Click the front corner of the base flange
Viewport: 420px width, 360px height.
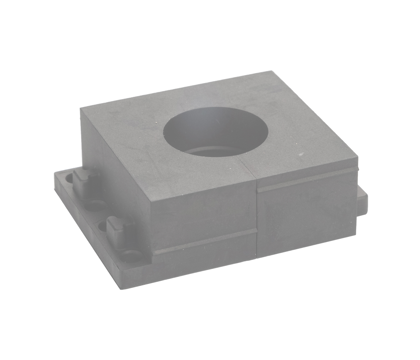(121, 288)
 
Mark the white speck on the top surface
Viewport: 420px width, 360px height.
(300, 154)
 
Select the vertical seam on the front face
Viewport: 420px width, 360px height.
(257, 221)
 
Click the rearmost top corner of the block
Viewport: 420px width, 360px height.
(271, 71)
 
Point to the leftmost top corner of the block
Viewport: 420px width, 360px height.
(81, 108)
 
